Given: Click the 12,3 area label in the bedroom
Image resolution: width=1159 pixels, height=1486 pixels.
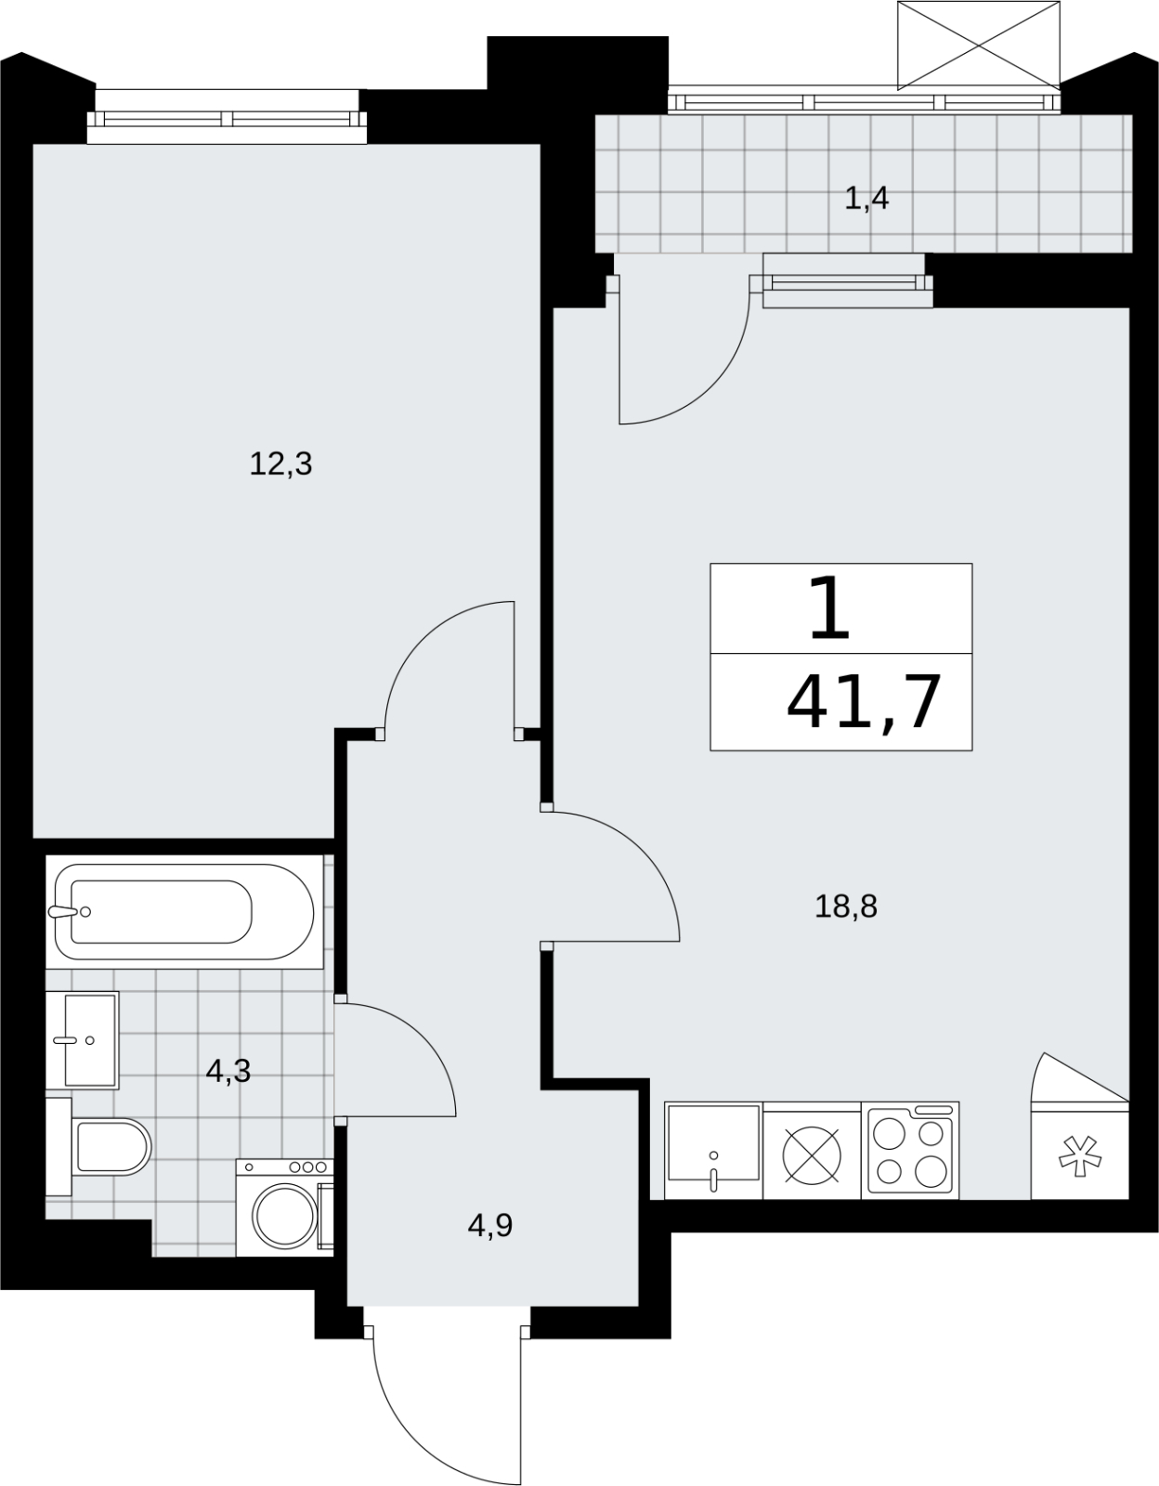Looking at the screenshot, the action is (x=280, y=464).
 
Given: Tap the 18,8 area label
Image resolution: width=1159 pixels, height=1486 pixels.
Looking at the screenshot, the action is (x=845, y=906).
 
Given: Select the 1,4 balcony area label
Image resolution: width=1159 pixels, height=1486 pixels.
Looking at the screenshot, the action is (x=866, y=199).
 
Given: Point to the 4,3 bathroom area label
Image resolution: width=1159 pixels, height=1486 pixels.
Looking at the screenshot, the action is (x=228, y=1071).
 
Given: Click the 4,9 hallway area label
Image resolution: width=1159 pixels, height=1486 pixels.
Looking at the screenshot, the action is (x=490, y=1226).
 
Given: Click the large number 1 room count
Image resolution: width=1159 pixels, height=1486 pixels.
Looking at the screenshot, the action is (x=829, y=608).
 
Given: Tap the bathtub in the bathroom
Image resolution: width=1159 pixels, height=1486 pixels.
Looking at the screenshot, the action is (x=184, y=912).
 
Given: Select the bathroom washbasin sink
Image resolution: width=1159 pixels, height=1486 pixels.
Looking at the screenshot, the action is (x=90, y=1040).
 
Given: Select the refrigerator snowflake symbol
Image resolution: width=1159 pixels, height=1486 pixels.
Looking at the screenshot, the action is (x=1080, y=1155).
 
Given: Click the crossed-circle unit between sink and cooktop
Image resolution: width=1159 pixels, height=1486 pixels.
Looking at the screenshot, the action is (x=812, y=1155).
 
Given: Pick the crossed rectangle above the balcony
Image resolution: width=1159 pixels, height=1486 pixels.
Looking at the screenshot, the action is (x=979, y=46).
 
